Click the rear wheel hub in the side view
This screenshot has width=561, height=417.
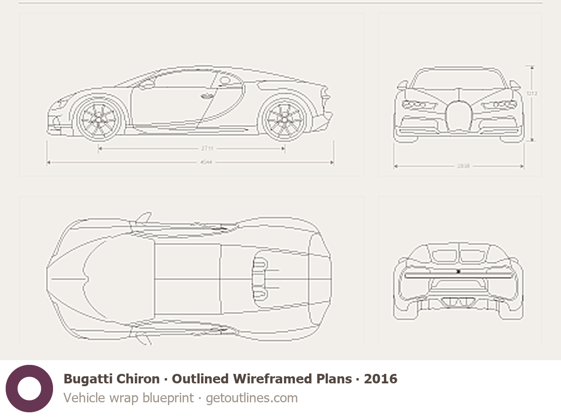pos(284,118)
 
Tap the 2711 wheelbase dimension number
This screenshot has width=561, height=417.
pos(207,148)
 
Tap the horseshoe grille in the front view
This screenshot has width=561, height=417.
pos(458,116)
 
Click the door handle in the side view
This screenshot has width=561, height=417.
pos(206,97)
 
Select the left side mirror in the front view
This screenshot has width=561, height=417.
pos(402,85)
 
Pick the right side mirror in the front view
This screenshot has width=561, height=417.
pos(514,85)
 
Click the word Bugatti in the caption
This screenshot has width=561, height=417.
pos(86,379)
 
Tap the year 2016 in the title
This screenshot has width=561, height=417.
pos(381,379)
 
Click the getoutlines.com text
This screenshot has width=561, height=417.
pos(251,398)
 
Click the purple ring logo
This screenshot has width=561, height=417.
pos(29,389)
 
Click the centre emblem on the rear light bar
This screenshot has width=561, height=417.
pos(458,272)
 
